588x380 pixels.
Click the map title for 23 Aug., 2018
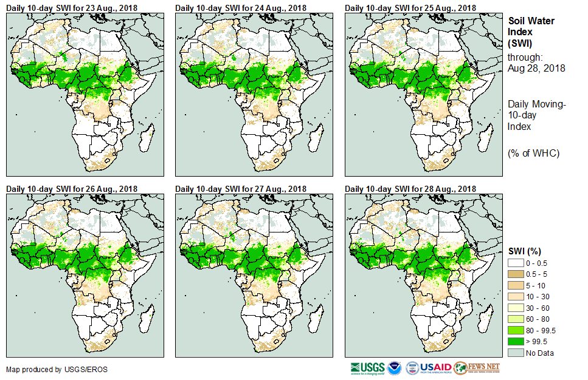pos(71,8)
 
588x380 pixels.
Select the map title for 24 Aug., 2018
pos(241,8)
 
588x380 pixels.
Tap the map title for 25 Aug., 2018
pos(410,8)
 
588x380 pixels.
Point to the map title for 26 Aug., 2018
pos(71,189)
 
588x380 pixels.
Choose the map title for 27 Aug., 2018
pos(241,189)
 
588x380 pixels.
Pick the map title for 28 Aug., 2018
pos(410,189)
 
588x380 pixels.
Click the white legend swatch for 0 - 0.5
pos(516,263)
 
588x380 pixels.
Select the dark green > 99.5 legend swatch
pos(516,342)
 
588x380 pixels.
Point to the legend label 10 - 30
pos(538,297)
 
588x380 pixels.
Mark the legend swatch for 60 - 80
pos(516,319)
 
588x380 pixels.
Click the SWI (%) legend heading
pos(524,251)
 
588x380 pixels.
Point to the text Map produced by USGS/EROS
pos(48,369)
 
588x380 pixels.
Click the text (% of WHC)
pos(533,153)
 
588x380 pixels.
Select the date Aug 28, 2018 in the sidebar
pos(536,69)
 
